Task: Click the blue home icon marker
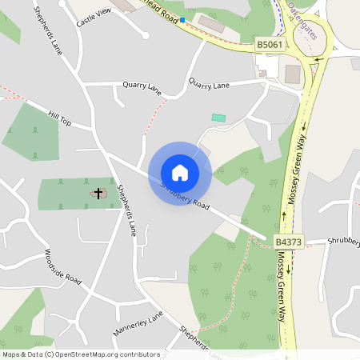[180, 173]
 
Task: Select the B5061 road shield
[269, 46]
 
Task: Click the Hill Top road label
[60, 118]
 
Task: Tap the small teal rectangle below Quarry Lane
[218, 118]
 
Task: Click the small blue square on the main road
[182, 19]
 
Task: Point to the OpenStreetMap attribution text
[82, 354]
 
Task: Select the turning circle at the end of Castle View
[144, 35]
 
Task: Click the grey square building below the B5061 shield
[292, 74]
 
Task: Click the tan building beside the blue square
[211, 22]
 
